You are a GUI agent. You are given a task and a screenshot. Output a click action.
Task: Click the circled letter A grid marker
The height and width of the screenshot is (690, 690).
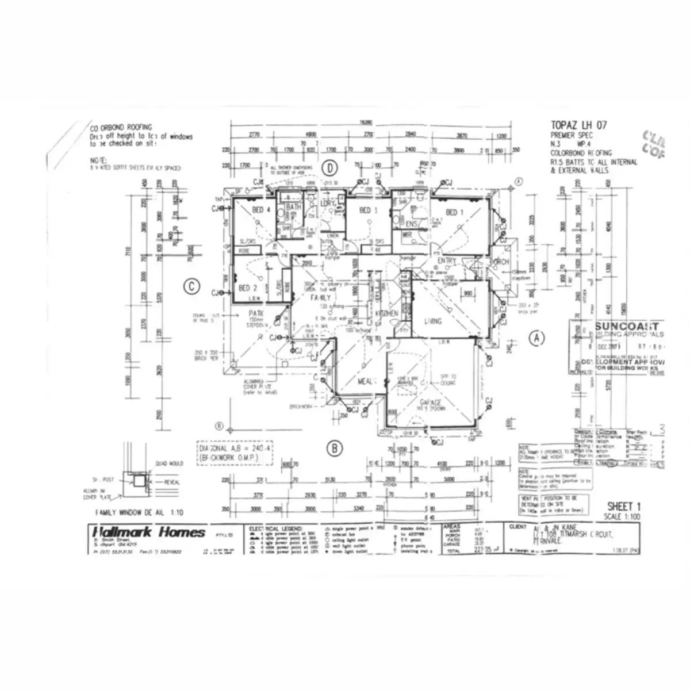tap(536, 338)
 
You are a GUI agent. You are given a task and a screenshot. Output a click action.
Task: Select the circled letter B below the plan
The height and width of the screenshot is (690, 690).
tap(335, 448)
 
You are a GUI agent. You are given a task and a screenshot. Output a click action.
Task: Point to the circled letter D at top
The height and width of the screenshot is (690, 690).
tap(329, 168)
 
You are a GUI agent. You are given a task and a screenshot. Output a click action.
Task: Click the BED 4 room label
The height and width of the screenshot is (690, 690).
tap(261, 210)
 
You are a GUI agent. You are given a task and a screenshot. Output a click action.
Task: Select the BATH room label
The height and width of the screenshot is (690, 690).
tap(294, 207)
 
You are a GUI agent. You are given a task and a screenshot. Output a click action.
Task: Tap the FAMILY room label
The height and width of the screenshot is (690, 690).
tap(320, 298)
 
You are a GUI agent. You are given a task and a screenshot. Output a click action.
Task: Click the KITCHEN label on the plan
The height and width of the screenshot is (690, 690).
tap(387, 313)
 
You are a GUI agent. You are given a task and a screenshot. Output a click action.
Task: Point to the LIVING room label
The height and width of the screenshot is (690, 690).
tap(432, 321)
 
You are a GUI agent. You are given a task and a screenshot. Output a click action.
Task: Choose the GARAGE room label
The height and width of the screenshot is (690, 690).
tap(430, 402)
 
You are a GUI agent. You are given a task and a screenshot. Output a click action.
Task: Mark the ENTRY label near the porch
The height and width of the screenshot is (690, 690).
tap(446, 261)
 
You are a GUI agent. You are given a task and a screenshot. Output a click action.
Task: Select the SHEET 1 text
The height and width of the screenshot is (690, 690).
tap(623, 506)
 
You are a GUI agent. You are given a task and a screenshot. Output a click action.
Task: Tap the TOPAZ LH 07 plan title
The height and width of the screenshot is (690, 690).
tap(578, 125)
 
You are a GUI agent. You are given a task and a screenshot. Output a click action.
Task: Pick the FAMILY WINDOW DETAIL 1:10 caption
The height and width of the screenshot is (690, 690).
tap(140, 512)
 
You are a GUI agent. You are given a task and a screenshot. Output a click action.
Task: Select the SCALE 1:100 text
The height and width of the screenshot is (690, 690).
tap(623, 517)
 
